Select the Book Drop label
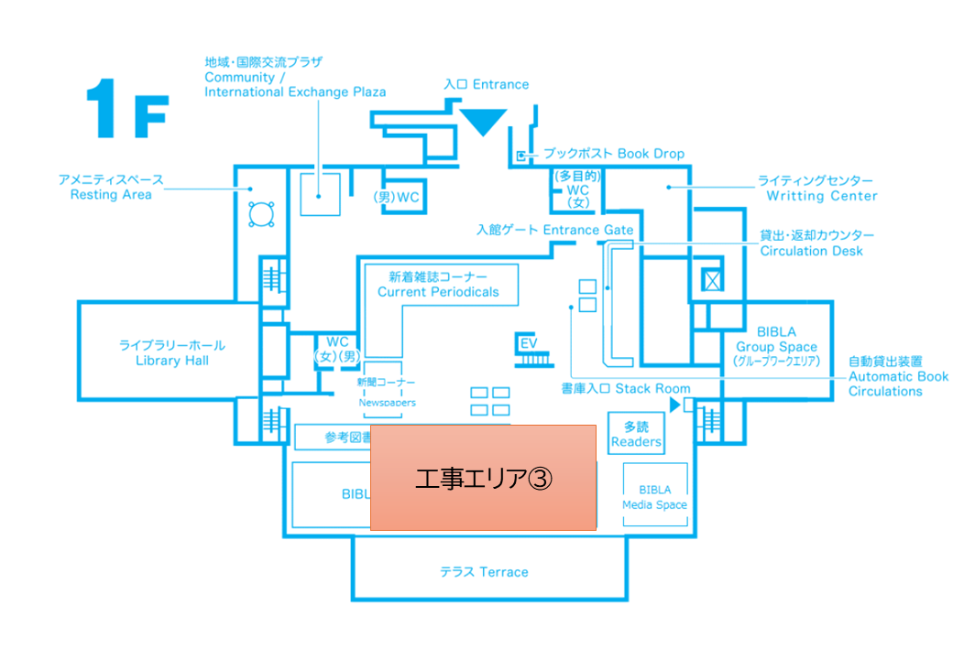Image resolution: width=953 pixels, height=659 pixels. click(614, 154)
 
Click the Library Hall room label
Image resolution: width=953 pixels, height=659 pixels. click(171, 353)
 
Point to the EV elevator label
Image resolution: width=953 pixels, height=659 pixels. click(527, 343)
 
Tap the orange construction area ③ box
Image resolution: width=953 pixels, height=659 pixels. click(483, 477)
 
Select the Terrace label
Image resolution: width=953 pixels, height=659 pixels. click(484, 572)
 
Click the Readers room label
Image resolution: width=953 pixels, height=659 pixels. click(636, 434)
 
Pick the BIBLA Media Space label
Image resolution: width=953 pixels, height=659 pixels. click(654, 497)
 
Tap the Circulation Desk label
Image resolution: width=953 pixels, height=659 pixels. click(812, 243)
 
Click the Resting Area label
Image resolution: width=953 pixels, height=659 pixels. click(112, 188)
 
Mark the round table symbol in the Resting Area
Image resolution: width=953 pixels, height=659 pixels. click(262, 214)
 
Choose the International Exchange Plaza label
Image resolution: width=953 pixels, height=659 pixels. click(295, 84)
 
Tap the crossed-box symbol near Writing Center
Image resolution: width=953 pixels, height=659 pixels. click(711, 280)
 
